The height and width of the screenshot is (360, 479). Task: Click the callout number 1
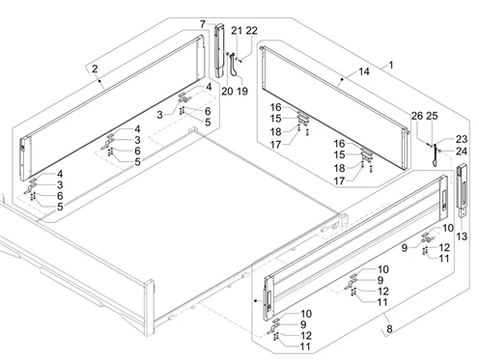pyautogui.click(x=391, y=66)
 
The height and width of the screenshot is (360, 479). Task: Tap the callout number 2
pyautogui.click(x=95, y=69)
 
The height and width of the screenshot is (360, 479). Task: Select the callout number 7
pyautogui.click(x=203, y=24)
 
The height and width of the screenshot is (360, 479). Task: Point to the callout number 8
pyautogui.click(x=390, y=329)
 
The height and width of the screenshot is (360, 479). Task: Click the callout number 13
pyautogui.click(x=462, y=236)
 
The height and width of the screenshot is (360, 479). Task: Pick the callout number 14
pyautogui.click(x=364, y=71)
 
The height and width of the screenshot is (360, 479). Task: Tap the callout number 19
pyautogui.click(x=242, y=91)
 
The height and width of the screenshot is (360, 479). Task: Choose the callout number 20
pyautogui.click(x=227, y=91)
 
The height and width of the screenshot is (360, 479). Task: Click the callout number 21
pyautogui.click(x=237, y=31)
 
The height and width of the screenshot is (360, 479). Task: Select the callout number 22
pyautogui.click(x=252, y=31)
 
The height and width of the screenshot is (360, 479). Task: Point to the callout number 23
pyautogui.click(x=462, y=139)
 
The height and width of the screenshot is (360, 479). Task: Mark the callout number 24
pyautogui.click(x=462, y=151)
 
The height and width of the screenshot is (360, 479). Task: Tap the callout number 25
pyautogui.click(x=432, y=116)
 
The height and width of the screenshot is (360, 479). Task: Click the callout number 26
pyautogui.click(x=417, y=116)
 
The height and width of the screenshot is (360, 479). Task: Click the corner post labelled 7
pyautogui.click(x=220, y=51)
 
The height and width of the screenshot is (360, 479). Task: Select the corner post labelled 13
pyautogui.click(x=462, y=190)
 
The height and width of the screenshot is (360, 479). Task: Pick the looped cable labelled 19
pyautogui.click(x=236, y=66)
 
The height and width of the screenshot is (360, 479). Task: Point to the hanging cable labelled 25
pyautogui.click(x=436, y=155)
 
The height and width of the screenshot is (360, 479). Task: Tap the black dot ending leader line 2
pyautogui.click(x=100, y=81)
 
